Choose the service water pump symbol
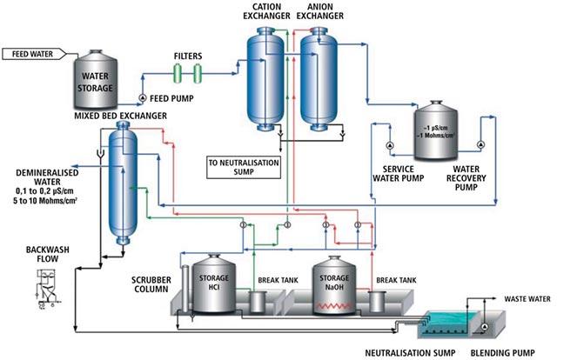(x=390, y=144)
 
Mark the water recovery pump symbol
(x=480, y=144)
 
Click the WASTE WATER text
(x=522, y=298)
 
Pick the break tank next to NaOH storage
(x=376, y=303)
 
